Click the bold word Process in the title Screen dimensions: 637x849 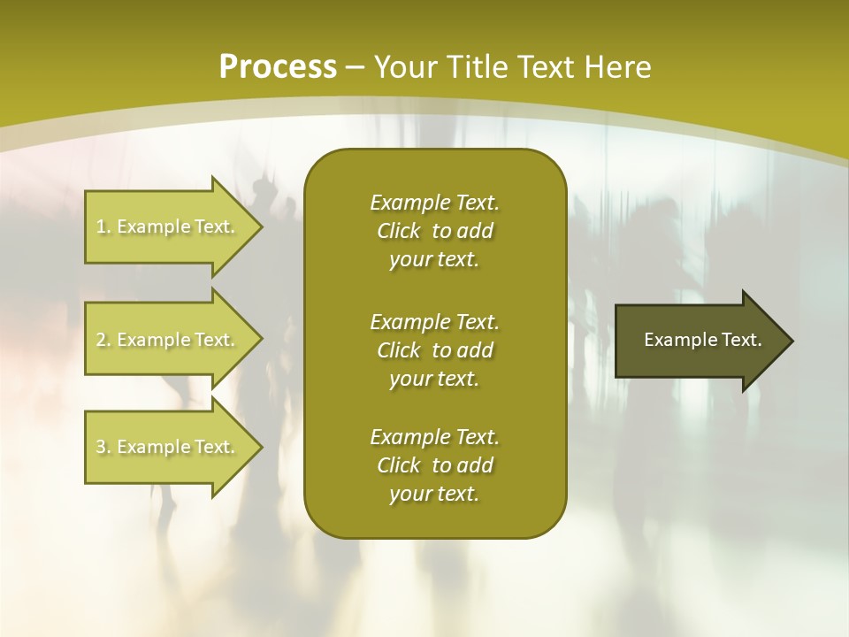(278, 67)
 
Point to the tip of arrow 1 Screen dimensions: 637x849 (260, 226)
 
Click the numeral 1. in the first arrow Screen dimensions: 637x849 (103, 226)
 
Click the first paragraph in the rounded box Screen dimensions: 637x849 (434, 231)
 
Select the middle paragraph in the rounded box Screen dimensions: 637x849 (434, 349)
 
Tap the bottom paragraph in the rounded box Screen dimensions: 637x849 (434, 465)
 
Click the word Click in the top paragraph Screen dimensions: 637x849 (398, 231)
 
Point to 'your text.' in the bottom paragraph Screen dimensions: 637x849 (434, 494)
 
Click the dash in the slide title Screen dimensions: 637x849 (356, 68)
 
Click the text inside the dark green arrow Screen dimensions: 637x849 (702, 340)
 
